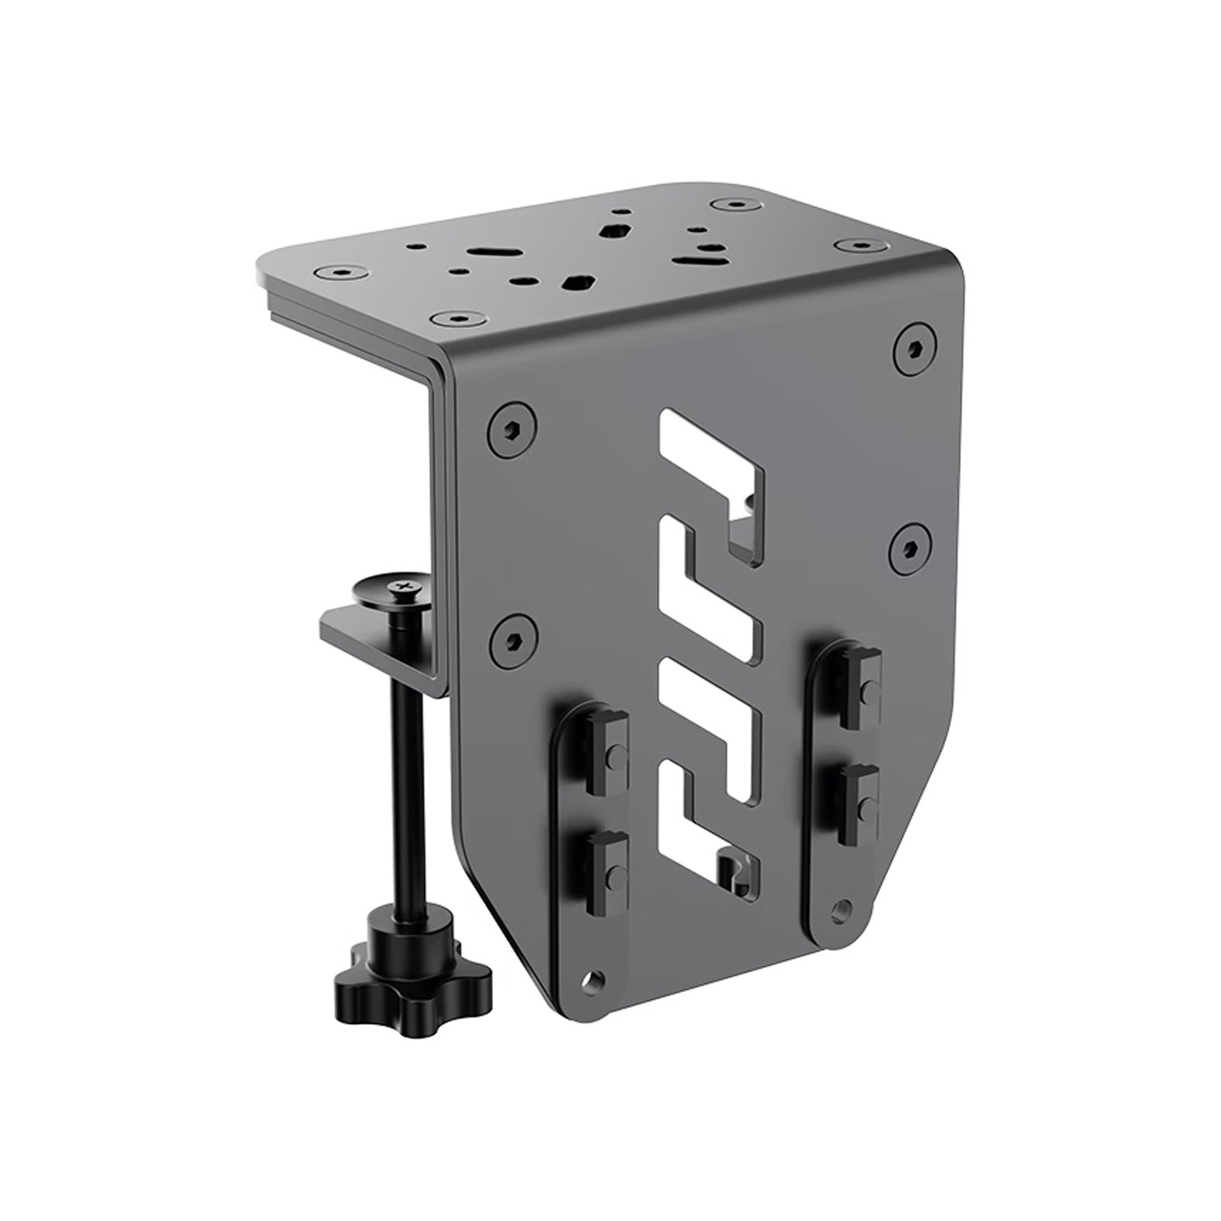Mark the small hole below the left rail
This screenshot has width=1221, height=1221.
(x=599, y=978)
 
